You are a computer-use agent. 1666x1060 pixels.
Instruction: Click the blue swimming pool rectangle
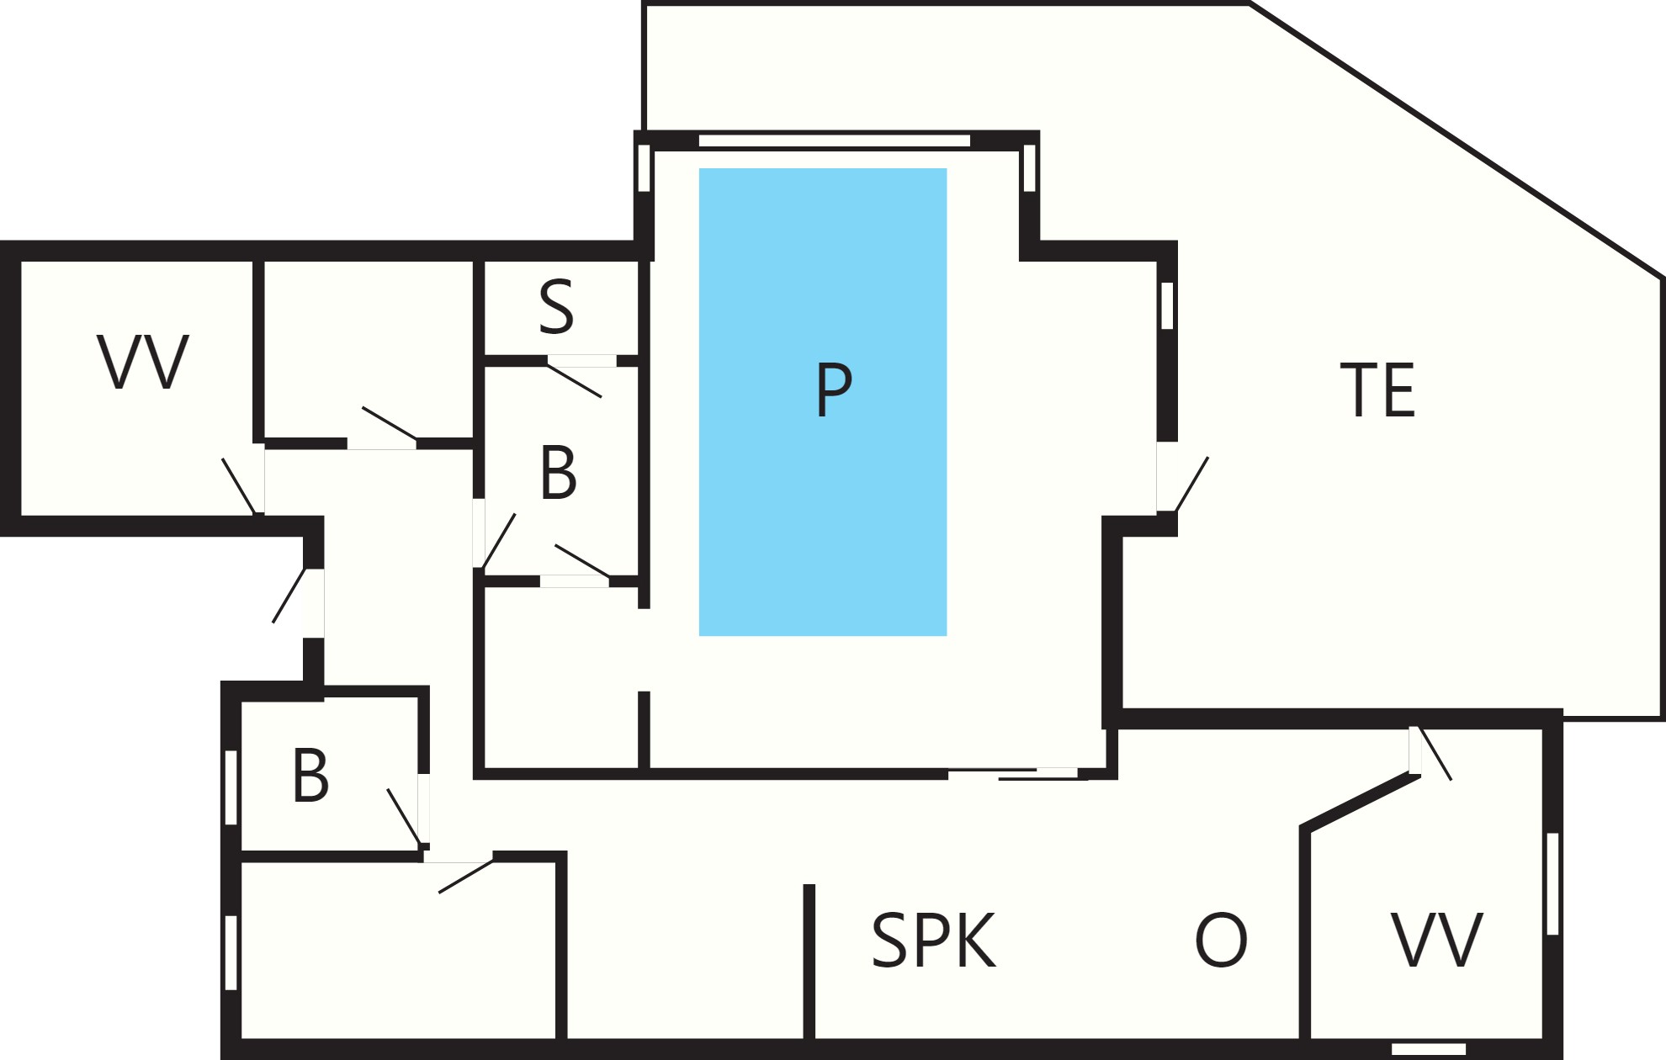click(x=823, y=402)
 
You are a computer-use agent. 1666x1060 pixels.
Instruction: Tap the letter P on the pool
click(x=834, y=390)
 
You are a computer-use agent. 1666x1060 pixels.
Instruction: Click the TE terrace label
click(x=1377, y=390)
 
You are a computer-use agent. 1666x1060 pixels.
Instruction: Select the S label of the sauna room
click(x=556, y=308)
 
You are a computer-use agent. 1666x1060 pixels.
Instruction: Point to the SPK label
click(x=933, y=940)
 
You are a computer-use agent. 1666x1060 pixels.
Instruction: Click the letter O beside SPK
click(x=1221, y=940)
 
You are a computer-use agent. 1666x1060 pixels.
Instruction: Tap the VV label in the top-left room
click(x=143, y=362)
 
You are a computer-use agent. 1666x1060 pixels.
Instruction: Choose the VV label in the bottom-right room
click(x=1436, y=940)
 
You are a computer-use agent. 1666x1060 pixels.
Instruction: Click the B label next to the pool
click(x=559, y=473)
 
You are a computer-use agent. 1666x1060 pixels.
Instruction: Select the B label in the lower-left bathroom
click(x=310, y=776)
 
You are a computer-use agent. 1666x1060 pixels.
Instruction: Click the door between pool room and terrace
click(x=1182, y=483)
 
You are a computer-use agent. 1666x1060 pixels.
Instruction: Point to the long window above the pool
click(x=835, y=140)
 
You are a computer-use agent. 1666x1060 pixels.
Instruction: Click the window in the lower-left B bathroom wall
click(x=231, y=787)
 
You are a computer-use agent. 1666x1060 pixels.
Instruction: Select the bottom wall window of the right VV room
click(x=1429, y=1049)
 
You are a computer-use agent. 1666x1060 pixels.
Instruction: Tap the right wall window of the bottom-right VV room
click(x=1552, y=884)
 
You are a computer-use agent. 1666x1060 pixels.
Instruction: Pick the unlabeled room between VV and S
click(x=369, y=349)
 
